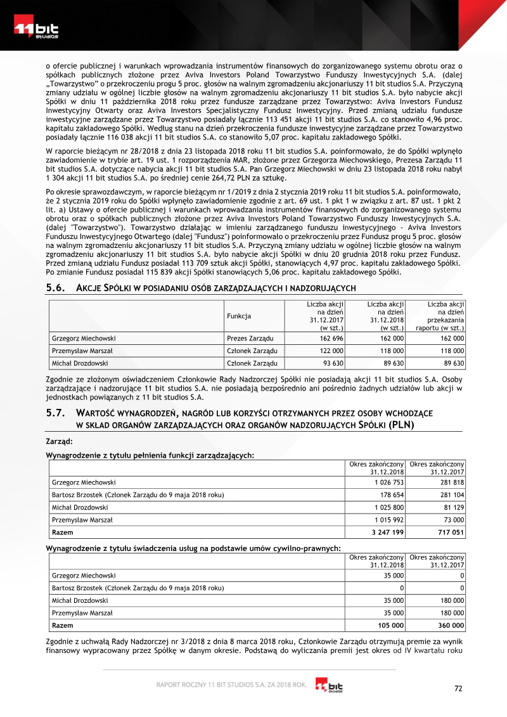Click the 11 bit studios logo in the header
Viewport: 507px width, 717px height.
point(36,30)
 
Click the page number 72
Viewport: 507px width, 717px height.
point(459,689)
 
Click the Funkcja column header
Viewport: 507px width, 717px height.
point(239,316)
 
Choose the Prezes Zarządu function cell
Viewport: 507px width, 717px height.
point(249,339)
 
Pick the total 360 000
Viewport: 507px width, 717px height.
point(451,624)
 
